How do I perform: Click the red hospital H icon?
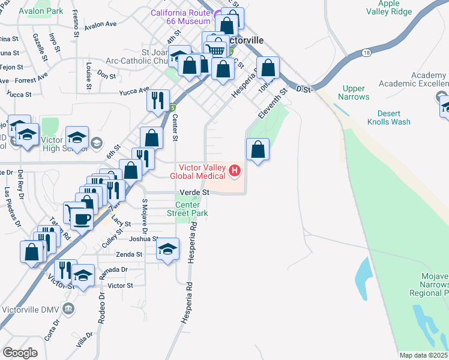(235, 172)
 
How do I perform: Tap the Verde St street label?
(194, 193)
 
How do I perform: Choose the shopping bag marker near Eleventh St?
(258, 150)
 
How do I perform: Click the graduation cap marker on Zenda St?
(168, 249)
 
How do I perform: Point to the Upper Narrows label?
(353, 92)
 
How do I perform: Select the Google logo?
(20, 352)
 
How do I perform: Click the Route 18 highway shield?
(366, 53)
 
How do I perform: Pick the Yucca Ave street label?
(134, 92)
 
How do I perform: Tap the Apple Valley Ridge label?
(388, 8)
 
